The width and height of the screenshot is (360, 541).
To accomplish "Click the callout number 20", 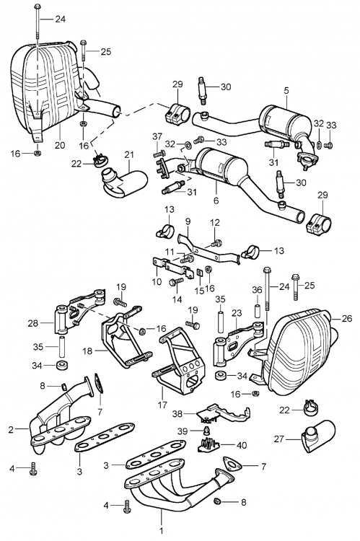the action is [x=60, y=145].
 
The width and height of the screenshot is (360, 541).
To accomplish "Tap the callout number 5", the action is [x=286, y=91].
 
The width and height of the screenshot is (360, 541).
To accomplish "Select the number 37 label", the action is [x=157, y=136].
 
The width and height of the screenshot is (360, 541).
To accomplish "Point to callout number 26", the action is [x=347, y=318].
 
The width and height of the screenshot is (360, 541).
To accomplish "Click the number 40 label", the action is [x=242, y=446].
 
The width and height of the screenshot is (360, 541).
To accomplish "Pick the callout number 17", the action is [x=162, y=405].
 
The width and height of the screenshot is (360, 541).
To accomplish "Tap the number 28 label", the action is [x=32, y=323].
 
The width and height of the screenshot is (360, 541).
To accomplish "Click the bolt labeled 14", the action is [x=176, y=282].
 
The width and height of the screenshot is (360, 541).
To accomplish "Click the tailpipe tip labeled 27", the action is [x=318, y=436].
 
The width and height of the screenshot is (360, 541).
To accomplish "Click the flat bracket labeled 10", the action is [x=172, y=268].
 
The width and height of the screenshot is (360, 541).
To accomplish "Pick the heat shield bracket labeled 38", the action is [x=224, y=413].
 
